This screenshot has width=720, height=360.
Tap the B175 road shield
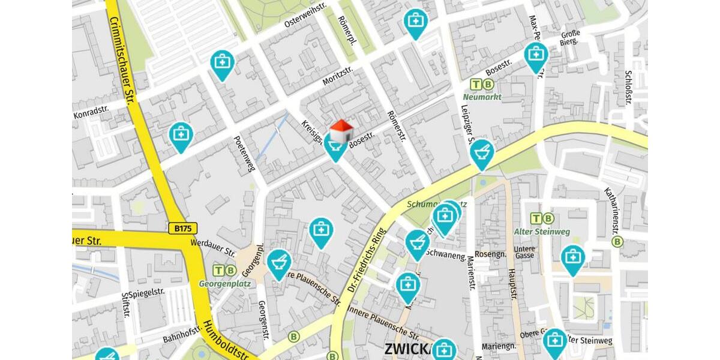[x=182, y=229]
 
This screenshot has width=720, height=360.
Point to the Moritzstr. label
[x=338, y=76]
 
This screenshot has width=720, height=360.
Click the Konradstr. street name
[x=91, y=111]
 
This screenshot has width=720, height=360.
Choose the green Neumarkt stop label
[x=482, y=97]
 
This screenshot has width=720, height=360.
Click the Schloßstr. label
[x=628, y=88]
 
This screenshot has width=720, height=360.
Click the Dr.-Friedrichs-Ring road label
[x=364, y=262]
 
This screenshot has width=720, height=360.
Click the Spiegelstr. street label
[x=146, y=293]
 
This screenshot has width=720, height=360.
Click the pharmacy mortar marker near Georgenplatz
[x=279, y=262]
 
